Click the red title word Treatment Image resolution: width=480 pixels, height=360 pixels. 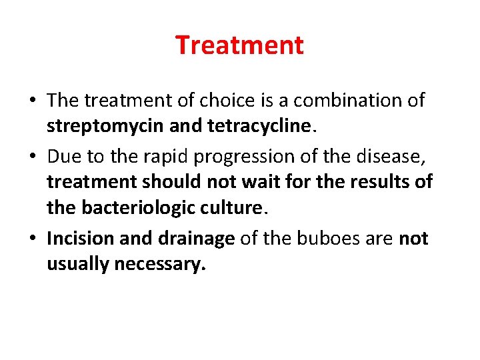[x=239, y=45]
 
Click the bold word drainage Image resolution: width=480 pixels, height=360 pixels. [x=195, y=239]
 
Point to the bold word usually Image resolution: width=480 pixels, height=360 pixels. [x=78, y=265]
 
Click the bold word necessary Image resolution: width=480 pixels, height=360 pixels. [x=161, y=265]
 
